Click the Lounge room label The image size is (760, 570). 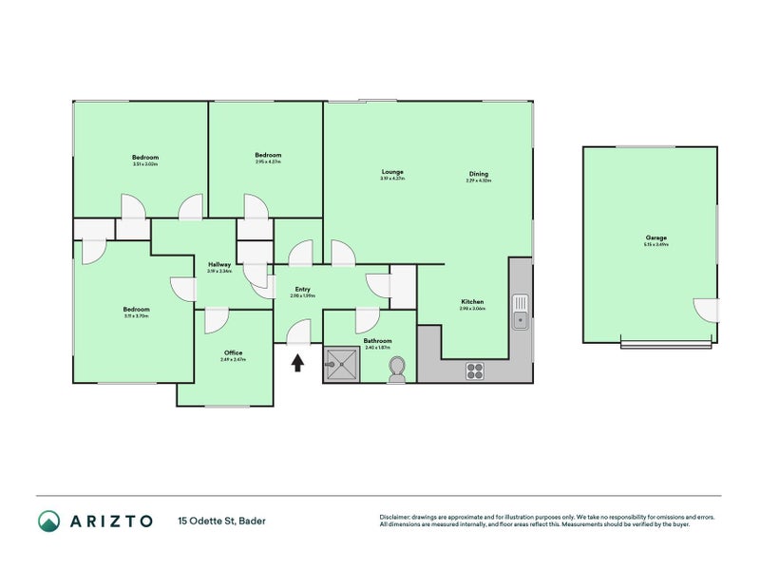392,172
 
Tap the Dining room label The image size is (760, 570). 478,174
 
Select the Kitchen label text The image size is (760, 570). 472,302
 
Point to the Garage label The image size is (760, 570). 656,237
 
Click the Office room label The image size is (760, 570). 233,352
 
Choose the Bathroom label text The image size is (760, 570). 377,340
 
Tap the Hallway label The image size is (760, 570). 219,263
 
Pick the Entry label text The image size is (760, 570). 302,290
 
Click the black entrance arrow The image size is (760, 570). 297,362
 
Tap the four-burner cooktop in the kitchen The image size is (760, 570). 475,371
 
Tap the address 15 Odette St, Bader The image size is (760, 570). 220,521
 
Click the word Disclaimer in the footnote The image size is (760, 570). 400,518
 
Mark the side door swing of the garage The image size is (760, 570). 705,310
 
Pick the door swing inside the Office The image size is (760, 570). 216,320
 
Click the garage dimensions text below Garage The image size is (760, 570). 656,245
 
